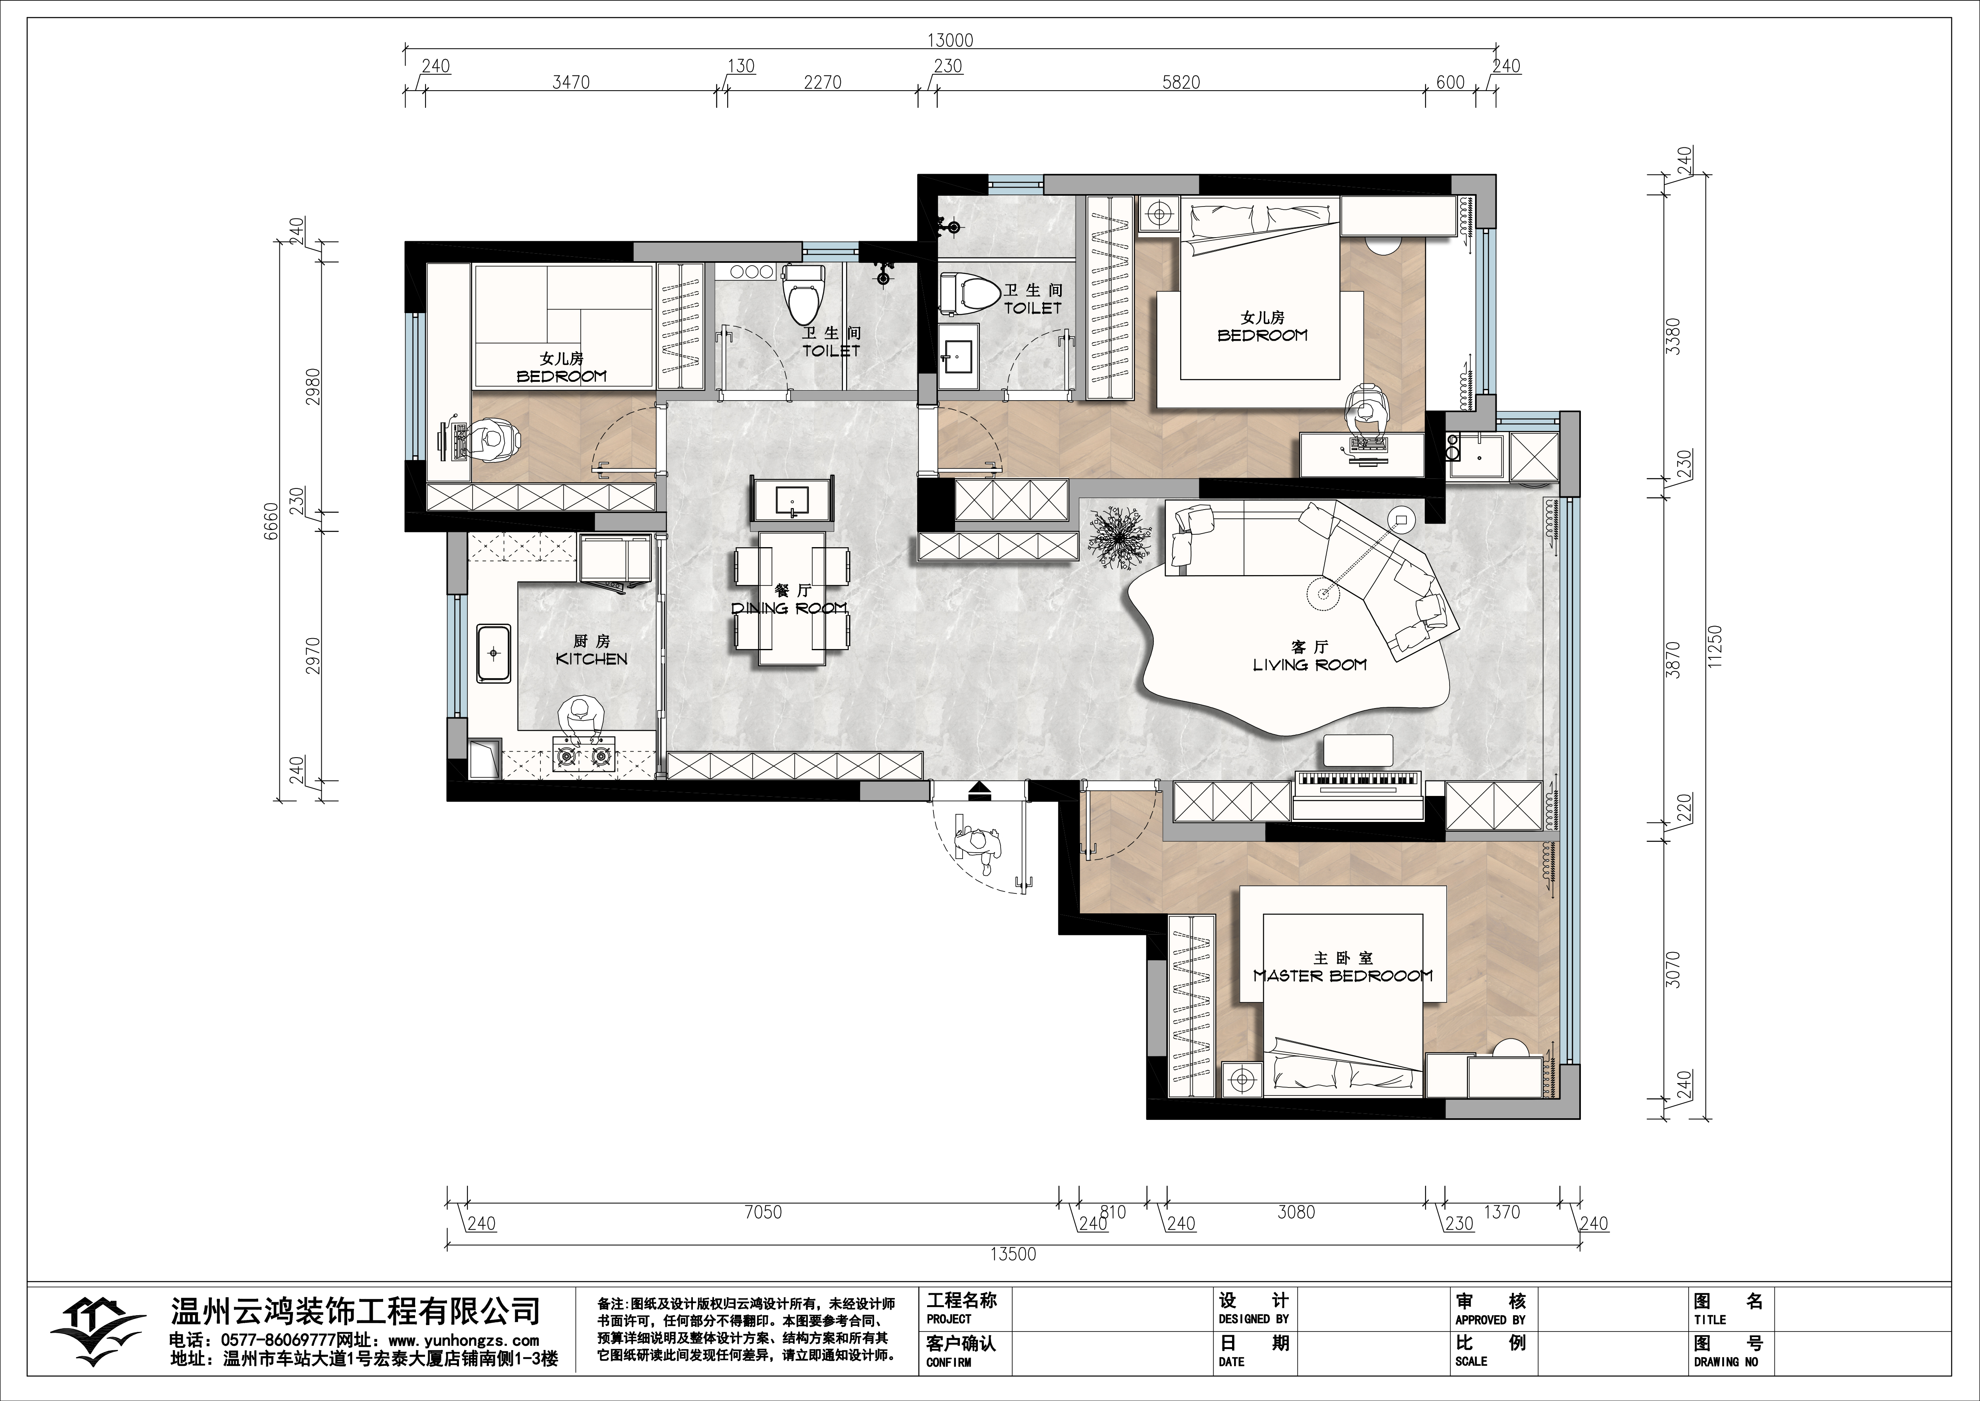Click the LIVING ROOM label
point(1309,664)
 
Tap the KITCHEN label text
point(591,658)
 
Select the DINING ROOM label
point(789,608)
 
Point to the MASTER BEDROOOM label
point(1343,976)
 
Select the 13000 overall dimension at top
point(949,40)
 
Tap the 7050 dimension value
point(763,1212)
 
